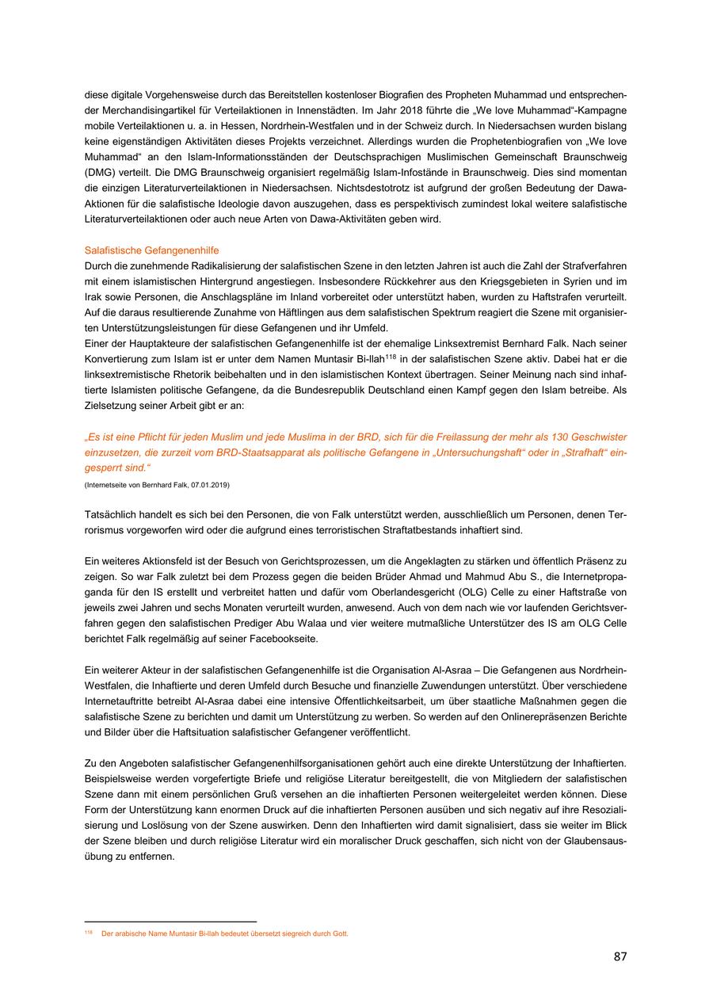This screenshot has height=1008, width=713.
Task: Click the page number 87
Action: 620,956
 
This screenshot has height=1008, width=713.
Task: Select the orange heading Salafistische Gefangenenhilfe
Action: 152,250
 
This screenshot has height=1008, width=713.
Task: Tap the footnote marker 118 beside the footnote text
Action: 88,933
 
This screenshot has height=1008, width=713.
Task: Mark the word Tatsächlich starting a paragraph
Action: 111,515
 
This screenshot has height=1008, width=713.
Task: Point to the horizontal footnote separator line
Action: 170,922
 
